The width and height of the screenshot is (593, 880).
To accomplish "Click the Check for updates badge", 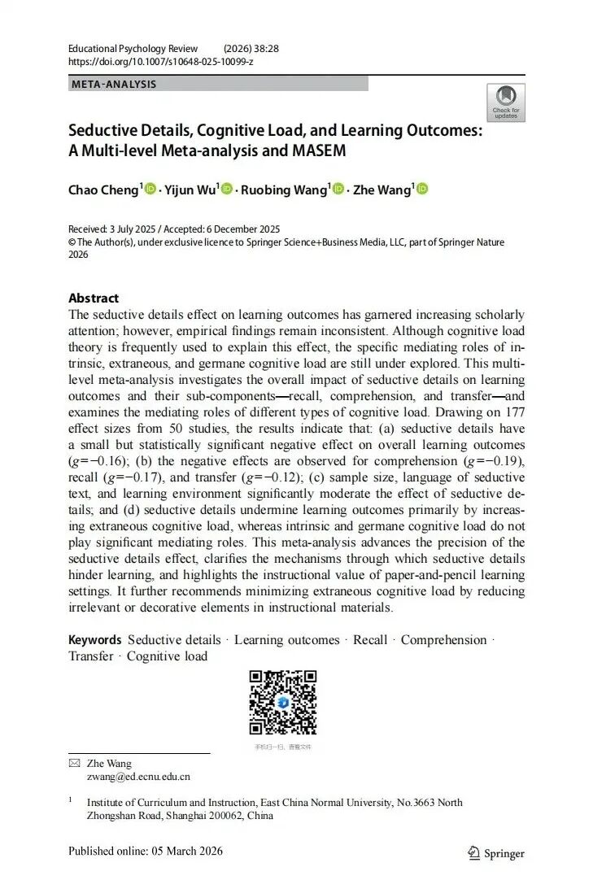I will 505,102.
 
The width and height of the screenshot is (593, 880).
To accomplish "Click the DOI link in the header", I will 160,62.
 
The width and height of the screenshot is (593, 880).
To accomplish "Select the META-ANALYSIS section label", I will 114,84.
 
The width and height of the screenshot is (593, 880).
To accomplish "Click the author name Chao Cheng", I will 104,190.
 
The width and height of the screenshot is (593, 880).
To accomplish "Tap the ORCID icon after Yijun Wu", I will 227,190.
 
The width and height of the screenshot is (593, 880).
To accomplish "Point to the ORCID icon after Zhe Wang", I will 421,190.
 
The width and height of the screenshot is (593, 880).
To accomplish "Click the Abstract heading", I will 94,298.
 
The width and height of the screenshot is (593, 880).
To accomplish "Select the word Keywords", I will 95,640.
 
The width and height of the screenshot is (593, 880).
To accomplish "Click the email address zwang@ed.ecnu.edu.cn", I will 138,777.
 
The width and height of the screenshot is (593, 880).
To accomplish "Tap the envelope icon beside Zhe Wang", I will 75,764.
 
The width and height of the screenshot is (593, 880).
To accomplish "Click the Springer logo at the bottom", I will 496,853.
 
